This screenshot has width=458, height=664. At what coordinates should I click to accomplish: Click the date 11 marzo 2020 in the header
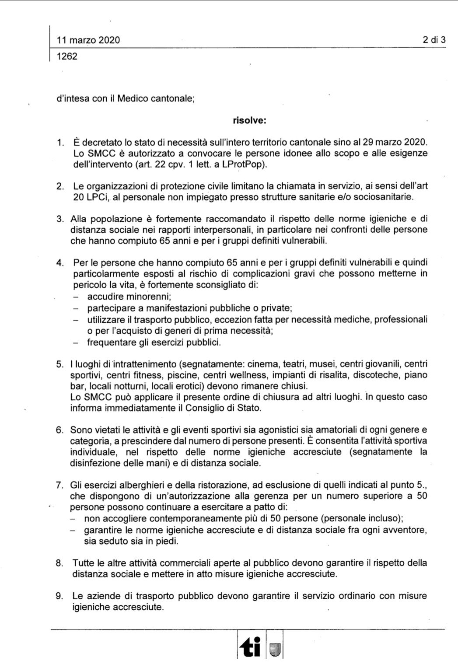[88, 40]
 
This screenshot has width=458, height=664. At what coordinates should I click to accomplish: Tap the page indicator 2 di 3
[434, 40]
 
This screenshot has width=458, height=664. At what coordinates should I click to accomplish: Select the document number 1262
[67, 56]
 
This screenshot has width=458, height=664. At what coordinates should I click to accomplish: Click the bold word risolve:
[249, 120]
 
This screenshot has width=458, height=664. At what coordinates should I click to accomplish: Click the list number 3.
[60, 219]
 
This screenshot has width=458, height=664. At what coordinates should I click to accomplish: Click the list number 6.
[59, 430]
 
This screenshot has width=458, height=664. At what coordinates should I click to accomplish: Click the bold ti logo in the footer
[251, 646]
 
